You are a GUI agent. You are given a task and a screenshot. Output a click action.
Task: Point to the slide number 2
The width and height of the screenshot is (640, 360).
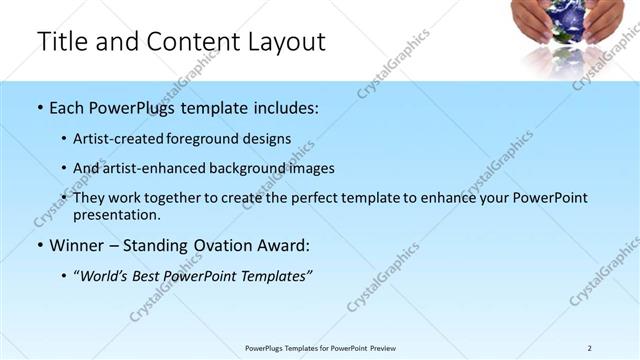(x=589, y=348)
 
